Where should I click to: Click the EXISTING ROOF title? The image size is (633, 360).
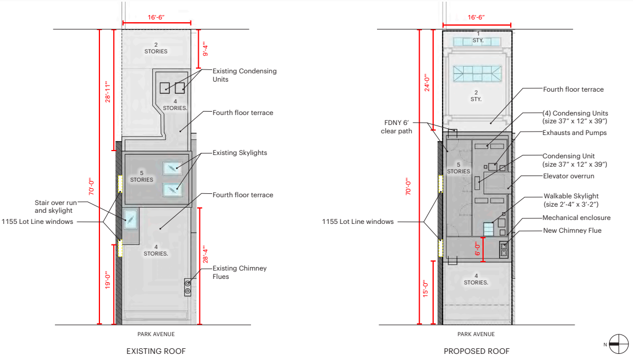[156, 351]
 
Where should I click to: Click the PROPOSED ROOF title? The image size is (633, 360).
[476, 351]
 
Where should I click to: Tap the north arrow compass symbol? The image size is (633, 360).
[619, 344]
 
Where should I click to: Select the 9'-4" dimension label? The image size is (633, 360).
[205, 49]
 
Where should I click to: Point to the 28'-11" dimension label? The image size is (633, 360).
[108, 92]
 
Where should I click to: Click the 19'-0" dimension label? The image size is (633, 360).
[108, 280]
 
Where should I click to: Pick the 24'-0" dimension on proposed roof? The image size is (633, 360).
[427, 82]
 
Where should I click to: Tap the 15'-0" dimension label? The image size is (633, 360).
[425, 289]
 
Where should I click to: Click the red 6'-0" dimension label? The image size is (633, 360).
[478, 248]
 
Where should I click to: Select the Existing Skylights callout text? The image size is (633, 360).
[240, 153]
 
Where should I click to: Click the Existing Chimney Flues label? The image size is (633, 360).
[239, 272]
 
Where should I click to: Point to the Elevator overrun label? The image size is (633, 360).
[569, 176]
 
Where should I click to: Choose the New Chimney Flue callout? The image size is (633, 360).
[572, 231]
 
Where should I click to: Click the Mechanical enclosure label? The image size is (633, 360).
[576, 218]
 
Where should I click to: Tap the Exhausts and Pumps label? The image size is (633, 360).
[575, 133]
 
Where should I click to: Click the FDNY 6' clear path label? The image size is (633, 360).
[396, 127]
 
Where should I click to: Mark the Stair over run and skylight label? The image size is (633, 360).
[56, 207]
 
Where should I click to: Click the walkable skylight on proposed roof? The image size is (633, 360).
[489, 229]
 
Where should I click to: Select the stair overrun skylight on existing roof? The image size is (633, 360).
[130, 220]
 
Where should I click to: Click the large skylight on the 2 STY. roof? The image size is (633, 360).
[477, 74]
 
